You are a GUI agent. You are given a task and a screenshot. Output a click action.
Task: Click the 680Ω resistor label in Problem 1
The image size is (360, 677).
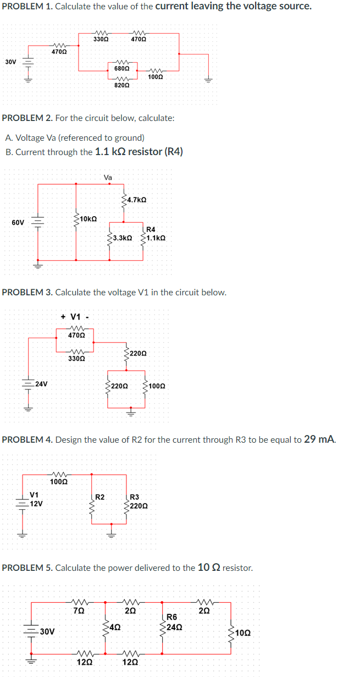tap(121, 68)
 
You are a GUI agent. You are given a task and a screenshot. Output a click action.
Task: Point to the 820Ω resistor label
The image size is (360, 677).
tap(121, 86)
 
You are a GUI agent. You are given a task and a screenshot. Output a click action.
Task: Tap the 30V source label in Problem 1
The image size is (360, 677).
tap(10, 62)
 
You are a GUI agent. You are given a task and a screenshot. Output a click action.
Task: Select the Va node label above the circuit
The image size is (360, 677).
tap(108, 177)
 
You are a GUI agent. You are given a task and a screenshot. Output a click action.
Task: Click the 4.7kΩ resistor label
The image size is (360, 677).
tap(136, 200)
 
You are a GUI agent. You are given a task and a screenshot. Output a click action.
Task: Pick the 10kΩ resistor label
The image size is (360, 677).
tap(88, 219)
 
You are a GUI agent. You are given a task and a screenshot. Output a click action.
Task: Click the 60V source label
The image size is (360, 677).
tap(18, 223)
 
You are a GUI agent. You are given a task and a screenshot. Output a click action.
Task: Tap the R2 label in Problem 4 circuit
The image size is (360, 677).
tap(100, 497)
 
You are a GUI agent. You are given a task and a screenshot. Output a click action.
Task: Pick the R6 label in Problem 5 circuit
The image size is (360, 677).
tap(171, 618)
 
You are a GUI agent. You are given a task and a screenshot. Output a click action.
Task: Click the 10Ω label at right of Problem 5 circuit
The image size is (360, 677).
tap(242, 634)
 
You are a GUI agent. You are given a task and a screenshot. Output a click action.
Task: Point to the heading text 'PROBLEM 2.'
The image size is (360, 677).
tap(26, 118)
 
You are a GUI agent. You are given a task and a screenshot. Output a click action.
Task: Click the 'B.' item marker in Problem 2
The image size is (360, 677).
tap(9, 152)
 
